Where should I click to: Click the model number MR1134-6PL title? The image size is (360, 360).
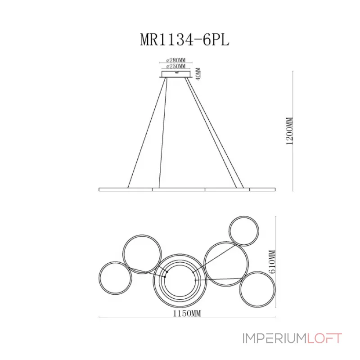(x=184, y=40)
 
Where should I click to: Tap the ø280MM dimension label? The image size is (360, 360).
(x=176, y=60)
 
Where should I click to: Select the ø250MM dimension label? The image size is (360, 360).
(x=176, y=66)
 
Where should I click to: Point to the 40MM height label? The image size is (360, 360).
(x=198, y=74)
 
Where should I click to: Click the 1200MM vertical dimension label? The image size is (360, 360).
(x=290, y=131)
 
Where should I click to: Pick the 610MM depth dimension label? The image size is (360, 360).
(x=272, y=262)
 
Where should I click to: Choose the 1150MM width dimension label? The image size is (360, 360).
(x=187, y=313)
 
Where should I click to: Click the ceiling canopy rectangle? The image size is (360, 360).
(x=176, y=74)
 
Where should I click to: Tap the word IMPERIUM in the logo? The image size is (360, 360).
(x=274, y=338)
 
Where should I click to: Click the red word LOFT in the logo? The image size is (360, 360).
(x=324, y=338)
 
